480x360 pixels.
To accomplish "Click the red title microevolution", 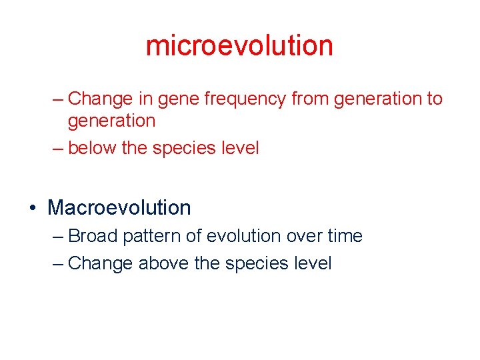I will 239,45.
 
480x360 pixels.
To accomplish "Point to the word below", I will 92,148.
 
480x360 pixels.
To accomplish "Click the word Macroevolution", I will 119,207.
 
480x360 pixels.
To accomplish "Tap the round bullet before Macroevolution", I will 33,208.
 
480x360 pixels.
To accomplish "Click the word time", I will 345,236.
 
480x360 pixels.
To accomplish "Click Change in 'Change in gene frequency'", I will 101,99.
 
